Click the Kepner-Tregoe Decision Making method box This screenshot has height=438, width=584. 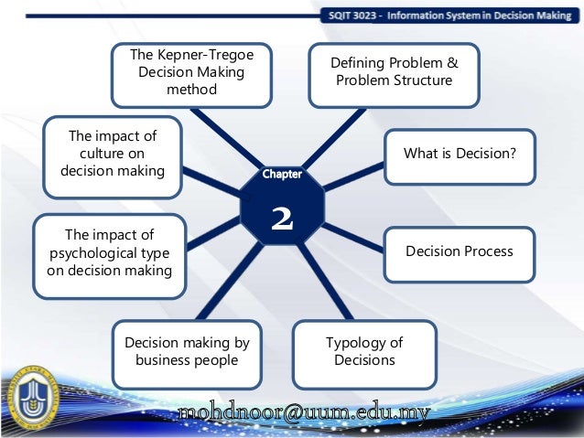coord(191,73)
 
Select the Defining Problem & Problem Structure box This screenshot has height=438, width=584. coord(394,72)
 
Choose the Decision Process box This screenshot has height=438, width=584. coord(459,251)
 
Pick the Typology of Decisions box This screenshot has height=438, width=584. coord(363,351)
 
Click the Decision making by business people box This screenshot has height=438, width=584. coord(187,351)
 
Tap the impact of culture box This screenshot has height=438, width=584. coord(112,155)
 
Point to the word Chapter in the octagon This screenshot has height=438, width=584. coord(281,174)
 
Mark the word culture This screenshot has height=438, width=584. coord(112,155)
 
